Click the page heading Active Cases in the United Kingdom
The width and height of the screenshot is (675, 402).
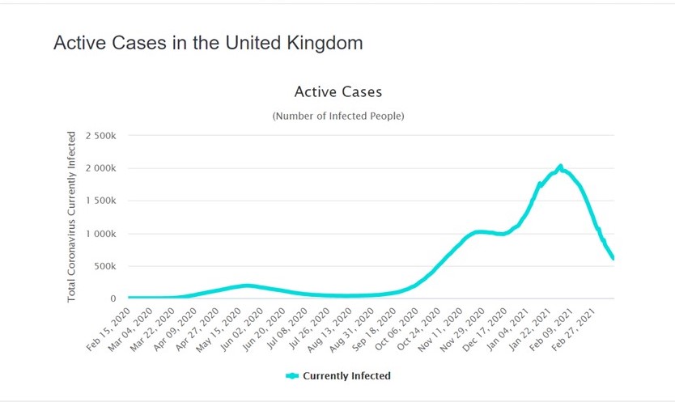208,43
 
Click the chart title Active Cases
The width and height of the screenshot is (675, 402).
338,91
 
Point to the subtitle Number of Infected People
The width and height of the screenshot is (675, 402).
338,116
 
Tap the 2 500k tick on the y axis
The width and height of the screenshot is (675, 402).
101,136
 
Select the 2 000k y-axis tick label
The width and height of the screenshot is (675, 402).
101,168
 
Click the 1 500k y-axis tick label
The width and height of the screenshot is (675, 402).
101,201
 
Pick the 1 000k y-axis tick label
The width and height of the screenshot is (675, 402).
101,234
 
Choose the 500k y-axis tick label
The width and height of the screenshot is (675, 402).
106,266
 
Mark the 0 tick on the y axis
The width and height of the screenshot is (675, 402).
114,298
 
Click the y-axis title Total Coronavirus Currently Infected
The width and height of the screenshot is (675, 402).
72,216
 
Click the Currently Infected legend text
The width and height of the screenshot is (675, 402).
346,375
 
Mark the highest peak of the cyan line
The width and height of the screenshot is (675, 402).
560,167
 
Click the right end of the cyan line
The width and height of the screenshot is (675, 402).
613,257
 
